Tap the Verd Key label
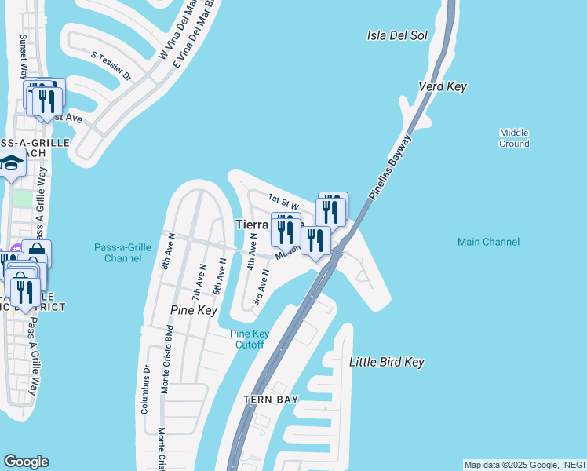point(443,86)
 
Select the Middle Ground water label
point(514,138)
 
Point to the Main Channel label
point(488,242)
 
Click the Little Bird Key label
point(386,362)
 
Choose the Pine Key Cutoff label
point(250,339)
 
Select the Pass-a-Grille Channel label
point(122,252)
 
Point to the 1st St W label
point(283,200)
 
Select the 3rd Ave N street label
point(261,287)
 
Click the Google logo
point(26,462)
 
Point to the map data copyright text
point(523,465)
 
